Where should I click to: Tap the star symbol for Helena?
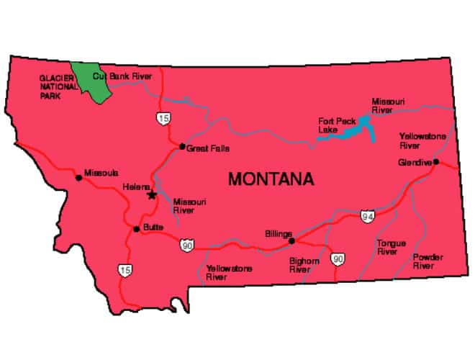click(x=151, y=194)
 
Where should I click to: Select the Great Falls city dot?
click(x=181, y=146)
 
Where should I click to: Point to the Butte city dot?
click(x=136, y=229)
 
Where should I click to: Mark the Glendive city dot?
click(x=436, y=162)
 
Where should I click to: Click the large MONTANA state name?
click(x=271, y=179)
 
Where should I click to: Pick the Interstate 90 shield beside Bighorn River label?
click(x=338, y=258)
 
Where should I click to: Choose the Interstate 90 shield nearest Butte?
click(x=186, y=245)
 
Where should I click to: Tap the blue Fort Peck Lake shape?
click(x=352, y=128)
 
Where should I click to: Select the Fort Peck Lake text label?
click(x=332, y=125)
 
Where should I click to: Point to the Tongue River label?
click(x=391, y=248)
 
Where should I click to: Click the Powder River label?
click(x=427, y=261)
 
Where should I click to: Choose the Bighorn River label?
click(x=304, y=265)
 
